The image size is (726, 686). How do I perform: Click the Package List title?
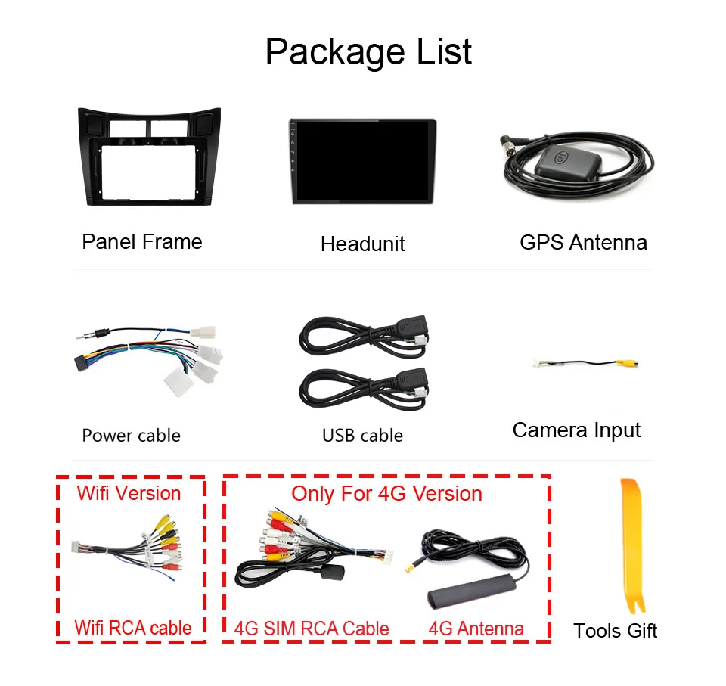368,51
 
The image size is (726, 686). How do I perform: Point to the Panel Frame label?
142,242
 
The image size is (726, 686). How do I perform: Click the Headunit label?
362,244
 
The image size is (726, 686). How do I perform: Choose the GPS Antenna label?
583,242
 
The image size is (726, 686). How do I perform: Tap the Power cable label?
131,436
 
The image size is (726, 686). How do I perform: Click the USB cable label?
362,436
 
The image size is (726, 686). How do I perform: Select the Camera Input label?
576,430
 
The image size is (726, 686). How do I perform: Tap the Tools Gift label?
615,631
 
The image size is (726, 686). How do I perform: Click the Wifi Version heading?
129,493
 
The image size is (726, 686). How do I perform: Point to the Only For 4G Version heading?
386,493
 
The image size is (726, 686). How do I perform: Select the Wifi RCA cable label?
132,628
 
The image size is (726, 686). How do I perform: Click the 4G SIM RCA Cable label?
312,629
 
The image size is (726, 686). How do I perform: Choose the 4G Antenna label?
476,629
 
